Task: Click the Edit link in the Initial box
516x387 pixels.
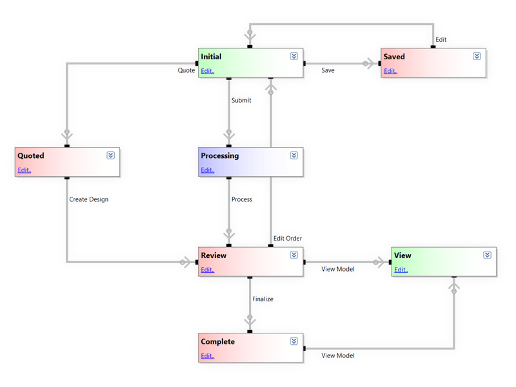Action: (207, 71)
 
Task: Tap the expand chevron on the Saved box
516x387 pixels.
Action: (477, 56)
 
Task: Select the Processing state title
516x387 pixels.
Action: (219, 155)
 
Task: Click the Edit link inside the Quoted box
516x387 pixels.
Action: (24, 170)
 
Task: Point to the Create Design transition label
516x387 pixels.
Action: (88, 199)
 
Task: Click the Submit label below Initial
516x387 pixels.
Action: (241, 100)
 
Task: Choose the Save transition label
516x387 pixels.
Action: (328, 70)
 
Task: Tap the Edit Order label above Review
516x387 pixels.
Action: (288, 239)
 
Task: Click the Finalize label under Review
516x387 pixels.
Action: (263, 299)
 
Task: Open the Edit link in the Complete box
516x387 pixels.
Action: (207, 356)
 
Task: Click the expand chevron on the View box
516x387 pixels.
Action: (487, 255)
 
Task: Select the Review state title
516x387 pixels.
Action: (213, 255)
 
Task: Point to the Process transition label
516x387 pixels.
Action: (241, 199)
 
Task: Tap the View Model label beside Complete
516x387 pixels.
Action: (338, 355)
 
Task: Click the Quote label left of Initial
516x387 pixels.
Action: (186, 70)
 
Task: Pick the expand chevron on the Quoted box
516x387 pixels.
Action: (110, 155)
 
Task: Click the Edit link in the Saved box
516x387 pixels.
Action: (390, 71)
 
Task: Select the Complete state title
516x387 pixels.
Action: (217, 341)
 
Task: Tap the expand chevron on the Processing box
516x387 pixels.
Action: (293, 155)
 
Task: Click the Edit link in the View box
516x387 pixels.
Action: (401, 270)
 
